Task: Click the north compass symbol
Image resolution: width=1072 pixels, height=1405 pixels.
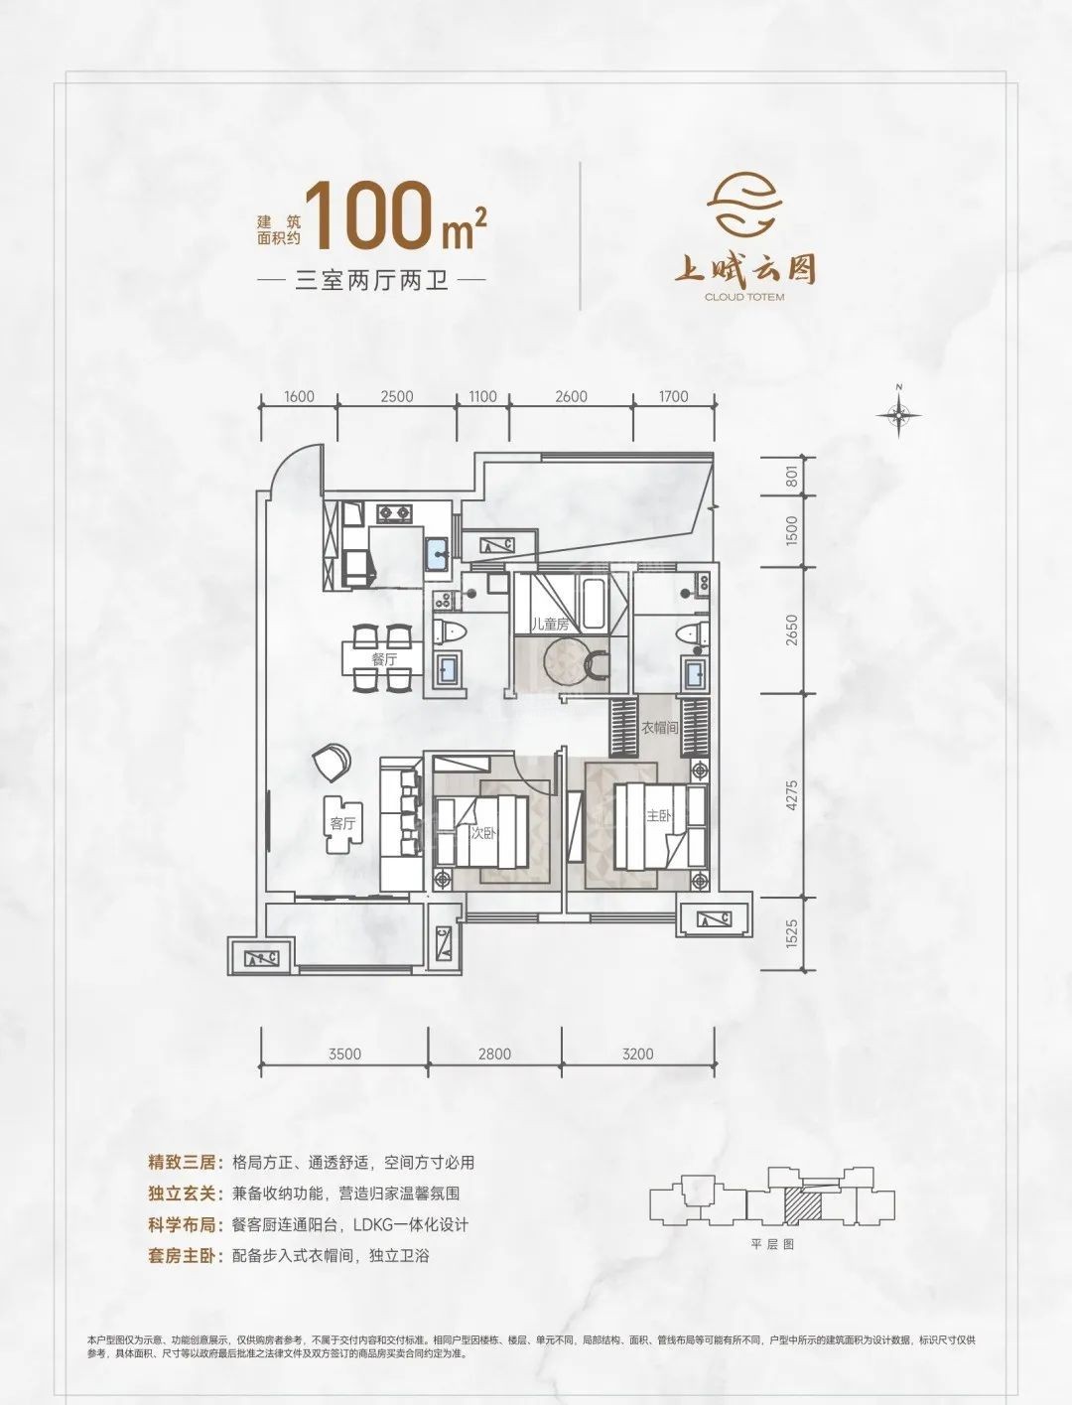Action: click(898, 414)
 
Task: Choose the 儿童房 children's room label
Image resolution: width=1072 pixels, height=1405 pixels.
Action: click(549, 625)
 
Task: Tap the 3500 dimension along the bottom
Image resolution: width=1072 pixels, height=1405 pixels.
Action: click(344, 1054)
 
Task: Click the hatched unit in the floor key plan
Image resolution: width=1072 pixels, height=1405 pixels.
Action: click(801, 1205)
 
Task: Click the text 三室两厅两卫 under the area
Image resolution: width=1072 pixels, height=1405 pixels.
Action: click(372, 281)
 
